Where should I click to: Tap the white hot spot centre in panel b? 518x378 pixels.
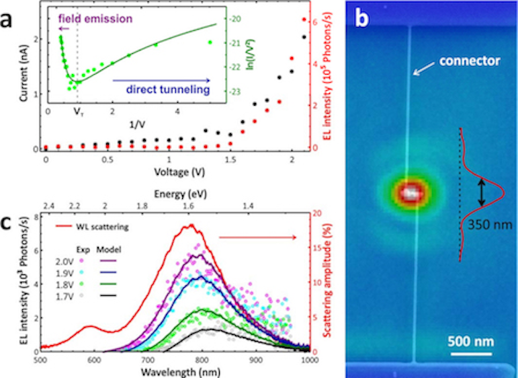click(x=408, y=193)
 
